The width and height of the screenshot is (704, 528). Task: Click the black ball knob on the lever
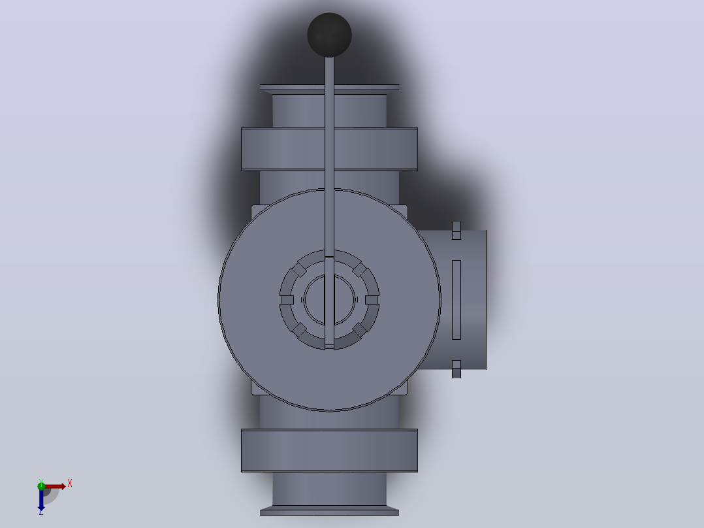[329, 35]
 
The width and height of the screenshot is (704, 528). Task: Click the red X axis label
[70, 484]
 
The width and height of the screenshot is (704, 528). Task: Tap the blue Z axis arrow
[41, 500]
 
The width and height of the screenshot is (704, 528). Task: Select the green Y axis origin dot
[41, 486]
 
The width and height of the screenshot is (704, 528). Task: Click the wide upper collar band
[329, 149]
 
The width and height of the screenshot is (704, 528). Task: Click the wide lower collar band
[329, 451]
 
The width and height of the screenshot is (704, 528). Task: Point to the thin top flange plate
[329, 88]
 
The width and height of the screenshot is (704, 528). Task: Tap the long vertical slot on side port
[456, 300]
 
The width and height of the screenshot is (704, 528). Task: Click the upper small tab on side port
[456, 231]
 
